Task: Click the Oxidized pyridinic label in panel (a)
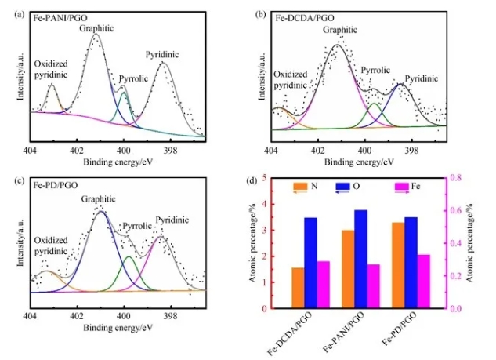[x=49, y=69]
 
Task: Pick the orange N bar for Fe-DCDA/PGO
[x=275, y=288]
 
